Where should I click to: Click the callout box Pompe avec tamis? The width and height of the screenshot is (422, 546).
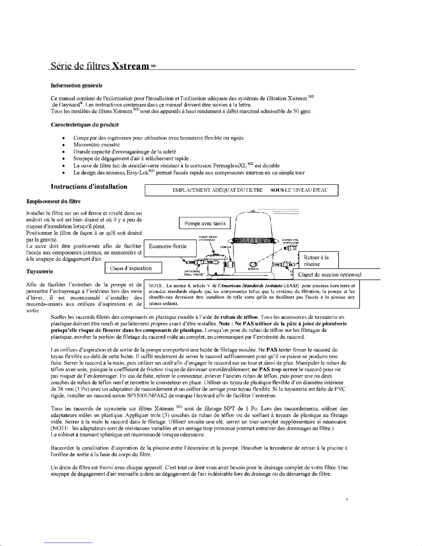coord(205,224)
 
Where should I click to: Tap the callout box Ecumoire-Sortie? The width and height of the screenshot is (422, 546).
coord(167,246)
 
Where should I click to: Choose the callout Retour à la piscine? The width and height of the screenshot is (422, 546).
coord(316,261)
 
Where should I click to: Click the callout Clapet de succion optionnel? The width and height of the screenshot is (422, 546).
coord(329,275)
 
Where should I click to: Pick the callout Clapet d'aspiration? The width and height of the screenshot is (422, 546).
coord(131,268)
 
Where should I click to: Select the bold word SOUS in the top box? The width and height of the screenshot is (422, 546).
coord(277,190)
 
